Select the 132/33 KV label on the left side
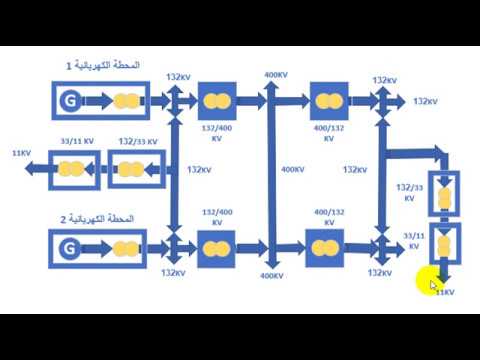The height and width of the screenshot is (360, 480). [x=137, y=142]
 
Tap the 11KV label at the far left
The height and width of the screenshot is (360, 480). [x=20, y=153]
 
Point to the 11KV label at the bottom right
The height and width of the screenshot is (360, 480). [x=443, y=292]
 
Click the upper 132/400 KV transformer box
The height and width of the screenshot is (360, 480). [x=216, y=100]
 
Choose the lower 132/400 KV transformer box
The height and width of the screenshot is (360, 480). [x=216, y=246]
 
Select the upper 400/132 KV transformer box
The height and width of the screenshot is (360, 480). [x=325, y=100]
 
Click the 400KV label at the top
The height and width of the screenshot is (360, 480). [x=276, y=75]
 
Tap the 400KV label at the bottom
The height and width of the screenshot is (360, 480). [x=272, y=275]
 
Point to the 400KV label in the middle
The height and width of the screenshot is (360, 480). [x=292, y=169]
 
